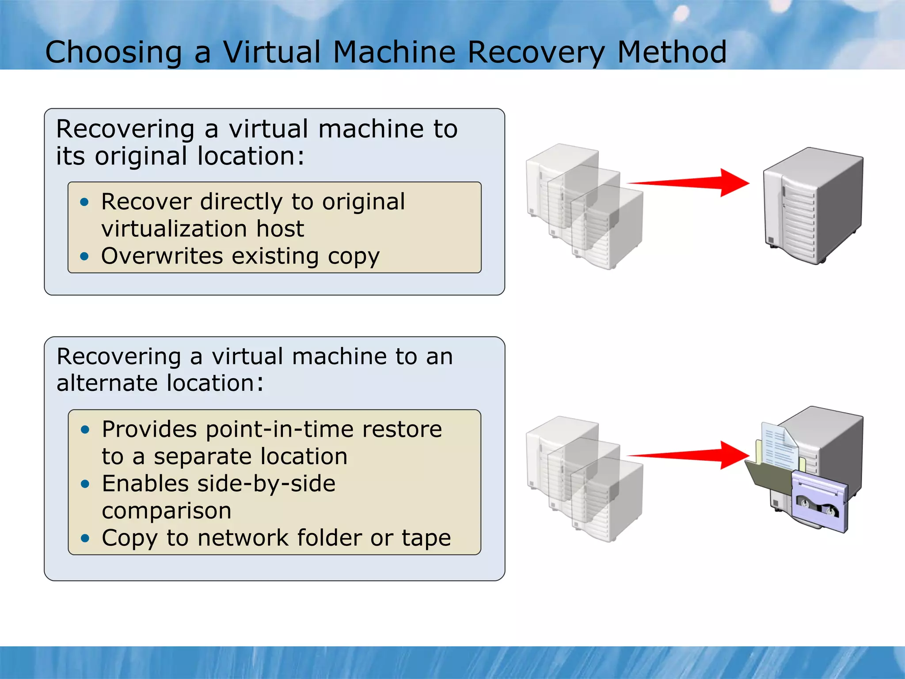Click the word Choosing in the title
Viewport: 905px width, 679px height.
[x=114, y=53]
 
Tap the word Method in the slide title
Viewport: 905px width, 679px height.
[x=671, y=53]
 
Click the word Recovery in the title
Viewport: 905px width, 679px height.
[x=536, y=53]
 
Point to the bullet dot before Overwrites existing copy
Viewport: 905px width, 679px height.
[x=84, y=256]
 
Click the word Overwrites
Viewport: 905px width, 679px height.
[x=162, y=256]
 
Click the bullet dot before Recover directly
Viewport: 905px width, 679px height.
[x=84, y=202]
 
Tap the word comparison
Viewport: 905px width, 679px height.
[x=166, y=511]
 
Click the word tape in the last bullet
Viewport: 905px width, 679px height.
[x=426, y=538]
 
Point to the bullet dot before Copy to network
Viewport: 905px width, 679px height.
[x=85, y=538]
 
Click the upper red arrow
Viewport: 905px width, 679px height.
[x=689, y=182]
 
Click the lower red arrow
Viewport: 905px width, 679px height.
[x=689, y=455]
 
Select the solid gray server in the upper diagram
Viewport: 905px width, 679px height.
[x=813, y=206]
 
